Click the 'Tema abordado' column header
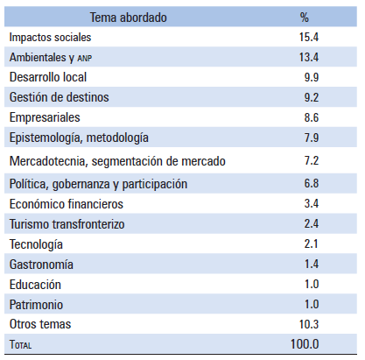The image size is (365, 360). (x=128, y=18)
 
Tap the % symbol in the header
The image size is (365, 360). (x=305, y=18)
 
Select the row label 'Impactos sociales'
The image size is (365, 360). (x=50, y=38)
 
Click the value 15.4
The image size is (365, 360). (x=309, y=37)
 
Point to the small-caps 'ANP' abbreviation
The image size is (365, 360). (x=85, y=59)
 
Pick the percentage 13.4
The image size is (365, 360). (x=309, y=57)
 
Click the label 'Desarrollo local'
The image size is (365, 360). (x=48, y=77)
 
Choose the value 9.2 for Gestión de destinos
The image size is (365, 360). (x=312, y=97)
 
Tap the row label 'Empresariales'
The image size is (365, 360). (x=45, y=117)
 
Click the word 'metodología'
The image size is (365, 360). (x=117, y=138)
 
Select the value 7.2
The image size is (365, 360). (x=312, y=161)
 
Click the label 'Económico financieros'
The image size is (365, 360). (x=67, y=204)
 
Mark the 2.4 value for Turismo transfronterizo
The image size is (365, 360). (x=312, y=224)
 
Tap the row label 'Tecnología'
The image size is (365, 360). (x=36, y=244)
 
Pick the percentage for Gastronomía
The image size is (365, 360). (x=312, y=265)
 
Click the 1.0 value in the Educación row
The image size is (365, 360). (x=312, y=284)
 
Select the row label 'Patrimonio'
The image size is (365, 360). (x=36, y=305)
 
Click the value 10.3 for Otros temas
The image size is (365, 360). (x=309, y=324)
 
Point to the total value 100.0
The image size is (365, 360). (x=305, y=344)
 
